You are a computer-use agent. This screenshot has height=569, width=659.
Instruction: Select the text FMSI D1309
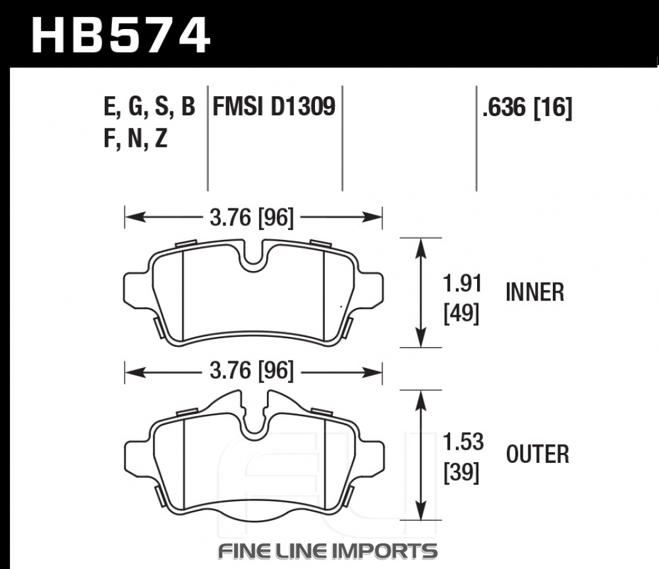(274, 106)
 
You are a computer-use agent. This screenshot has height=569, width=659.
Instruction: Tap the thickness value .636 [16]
(527, 107)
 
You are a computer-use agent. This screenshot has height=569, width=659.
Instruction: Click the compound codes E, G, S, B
(149, 107)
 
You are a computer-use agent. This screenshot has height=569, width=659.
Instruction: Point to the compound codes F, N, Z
(135, 138)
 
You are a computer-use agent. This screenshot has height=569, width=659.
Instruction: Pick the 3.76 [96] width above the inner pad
(251, 218)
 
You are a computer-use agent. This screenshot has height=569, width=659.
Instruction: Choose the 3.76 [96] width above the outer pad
(251, 371)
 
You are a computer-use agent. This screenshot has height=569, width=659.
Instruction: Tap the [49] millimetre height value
(461, 313)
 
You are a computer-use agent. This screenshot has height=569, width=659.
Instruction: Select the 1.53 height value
(463, 442)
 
